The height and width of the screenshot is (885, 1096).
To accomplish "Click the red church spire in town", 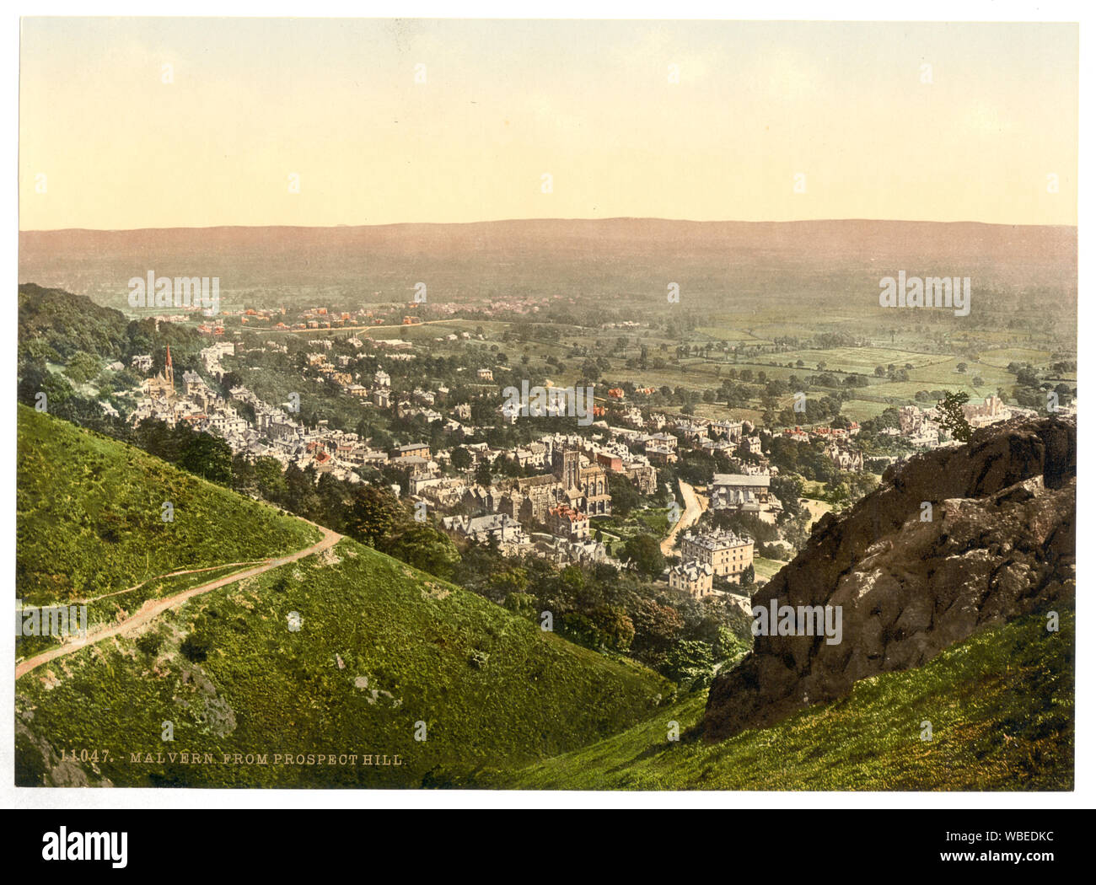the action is click(x=168, y=361).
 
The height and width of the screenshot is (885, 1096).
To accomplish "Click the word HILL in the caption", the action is click(x=387, y=758).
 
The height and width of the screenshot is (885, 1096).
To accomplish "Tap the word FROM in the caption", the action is click(x=245, y=758).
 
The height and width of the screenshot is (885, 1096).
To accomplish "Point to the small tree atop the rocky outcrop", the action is click(x=953, y=412).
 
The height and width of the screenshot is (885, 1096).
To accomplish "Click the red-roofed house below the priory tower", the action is click(x=567, y=521).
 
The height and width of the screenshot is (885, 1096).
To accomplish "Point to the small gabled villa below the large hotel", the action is click(x=690, y=579).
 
